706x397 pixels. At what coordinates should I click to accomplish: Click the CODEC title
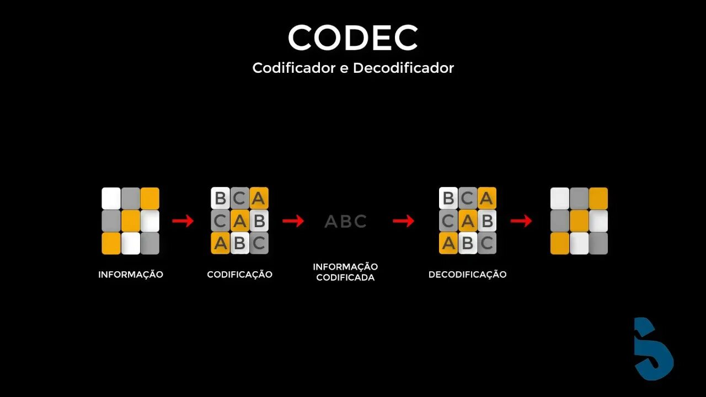tap(353, 38)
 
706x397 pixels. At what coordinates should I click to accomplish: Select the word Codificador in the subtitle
tap(290, 68)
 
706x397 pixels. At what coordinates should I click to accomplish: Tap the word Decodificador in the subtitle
tap(404, 68)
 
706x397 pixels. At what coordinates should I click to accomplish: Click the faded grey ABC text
tap(346, 222)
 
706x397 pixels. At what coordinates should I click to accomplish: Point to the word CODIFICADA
tap(345, 278)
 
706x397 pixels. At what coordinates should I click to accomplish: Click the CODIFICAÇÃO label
tap(239, 275)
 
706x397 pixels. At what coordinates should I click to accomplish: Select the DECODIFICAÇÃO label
tap(467, 275)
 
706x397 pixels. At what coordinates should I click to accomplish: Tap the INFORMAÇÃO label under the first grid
tap(131, 275)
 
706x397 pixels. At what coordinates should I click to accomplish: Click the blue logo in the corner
tap(653, 348)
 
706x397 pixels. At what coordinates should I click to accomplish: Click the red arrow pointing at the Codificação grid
tap(183, 221)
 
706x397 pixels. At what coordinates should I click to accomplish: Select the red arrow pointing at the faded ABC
tap(293, 221)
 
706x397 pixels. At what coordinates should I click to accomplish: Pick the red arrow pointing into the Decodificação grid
tap(404, 221)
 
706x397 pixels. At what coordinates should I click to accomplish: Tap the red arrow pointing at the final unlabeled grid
tap(521, 221)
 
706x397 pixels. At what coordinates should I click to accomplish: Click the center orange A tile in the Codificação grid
tap(240, 221)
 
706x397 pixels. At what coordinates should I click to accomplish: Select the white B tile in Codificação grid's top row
tap(221, 198)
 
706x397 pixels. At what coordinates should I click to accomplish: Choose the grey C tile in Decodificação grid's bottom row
tap(486, 243)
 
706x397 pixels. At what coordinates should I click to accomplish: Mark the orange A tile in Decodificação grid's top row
tap(486, 198)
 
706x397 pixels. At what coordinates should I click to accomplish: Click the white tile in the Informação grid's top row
tap(111, 198)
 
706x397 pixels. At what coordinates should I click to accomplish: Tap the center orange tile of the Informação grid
tap(131, 221)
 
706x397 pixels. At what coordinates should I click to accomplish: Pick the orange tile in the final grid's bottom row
tap(560, 243)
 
